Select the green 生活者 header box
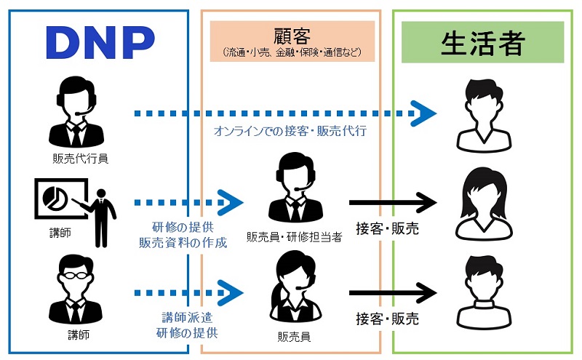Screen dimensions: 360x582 tap(482, 43)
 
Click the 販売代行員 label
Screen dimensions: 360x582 tap(75, 158)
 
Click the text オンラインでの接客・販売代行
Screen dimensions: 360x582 tap(289, 132)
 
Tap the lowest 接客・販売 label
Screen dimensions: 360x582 tap(387, 319)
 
